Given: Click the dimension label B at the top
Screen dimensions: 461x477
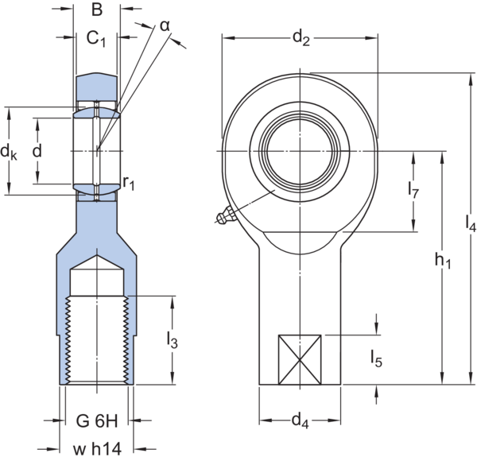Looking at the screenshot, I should (x=96, y=10).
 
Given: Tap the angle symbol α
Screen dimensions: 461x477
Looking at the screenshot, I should (x=165, y=26).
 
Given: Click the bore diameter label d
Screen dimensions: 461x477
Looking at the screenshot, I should (x=37, y=149).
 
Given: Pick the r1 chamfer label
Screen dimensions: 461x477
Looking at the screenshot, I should (x=130, y=184).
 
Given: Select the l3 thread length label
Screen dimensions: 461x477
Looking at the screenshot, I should (x=173, y=339).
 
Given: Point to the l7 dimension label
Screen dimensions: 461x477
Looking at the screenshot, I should (x=413, y=192).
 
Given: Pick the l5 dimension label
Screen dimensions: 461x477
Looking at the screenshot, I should (x=376, y=359).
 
